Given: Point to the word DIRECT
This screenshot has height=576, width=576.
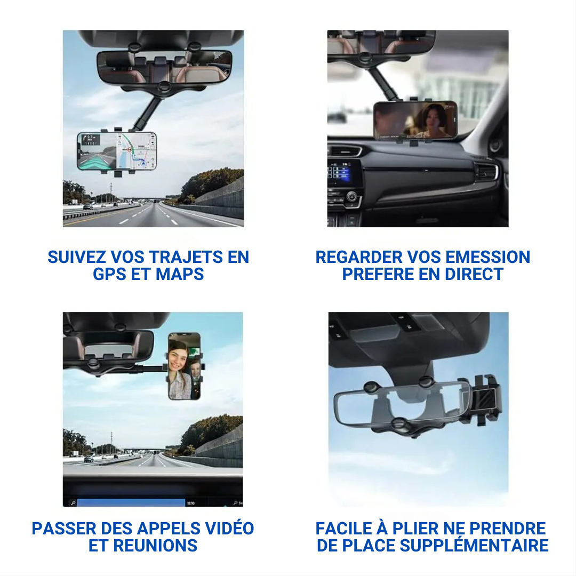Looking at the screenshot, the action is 474,274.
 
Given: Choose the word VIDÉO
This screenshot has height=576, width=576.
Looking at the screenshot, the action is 229,528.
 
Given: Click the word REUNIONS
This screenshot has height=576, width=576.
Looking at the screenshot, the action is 155,546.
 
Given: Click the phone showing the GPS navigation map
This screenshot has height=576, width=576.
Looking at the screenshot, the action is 117,151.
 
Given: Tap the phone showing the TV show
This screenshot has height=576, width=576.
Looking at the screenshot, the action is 415,120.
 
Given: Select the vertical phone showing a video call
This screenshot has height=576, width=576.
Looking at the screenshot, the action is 185,366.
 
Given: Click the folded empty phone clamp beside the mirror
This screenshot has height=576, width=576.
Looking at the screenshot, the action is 485,400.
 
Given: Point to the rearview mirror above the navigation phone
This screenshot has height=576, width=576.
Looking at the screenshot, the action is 164,67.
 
